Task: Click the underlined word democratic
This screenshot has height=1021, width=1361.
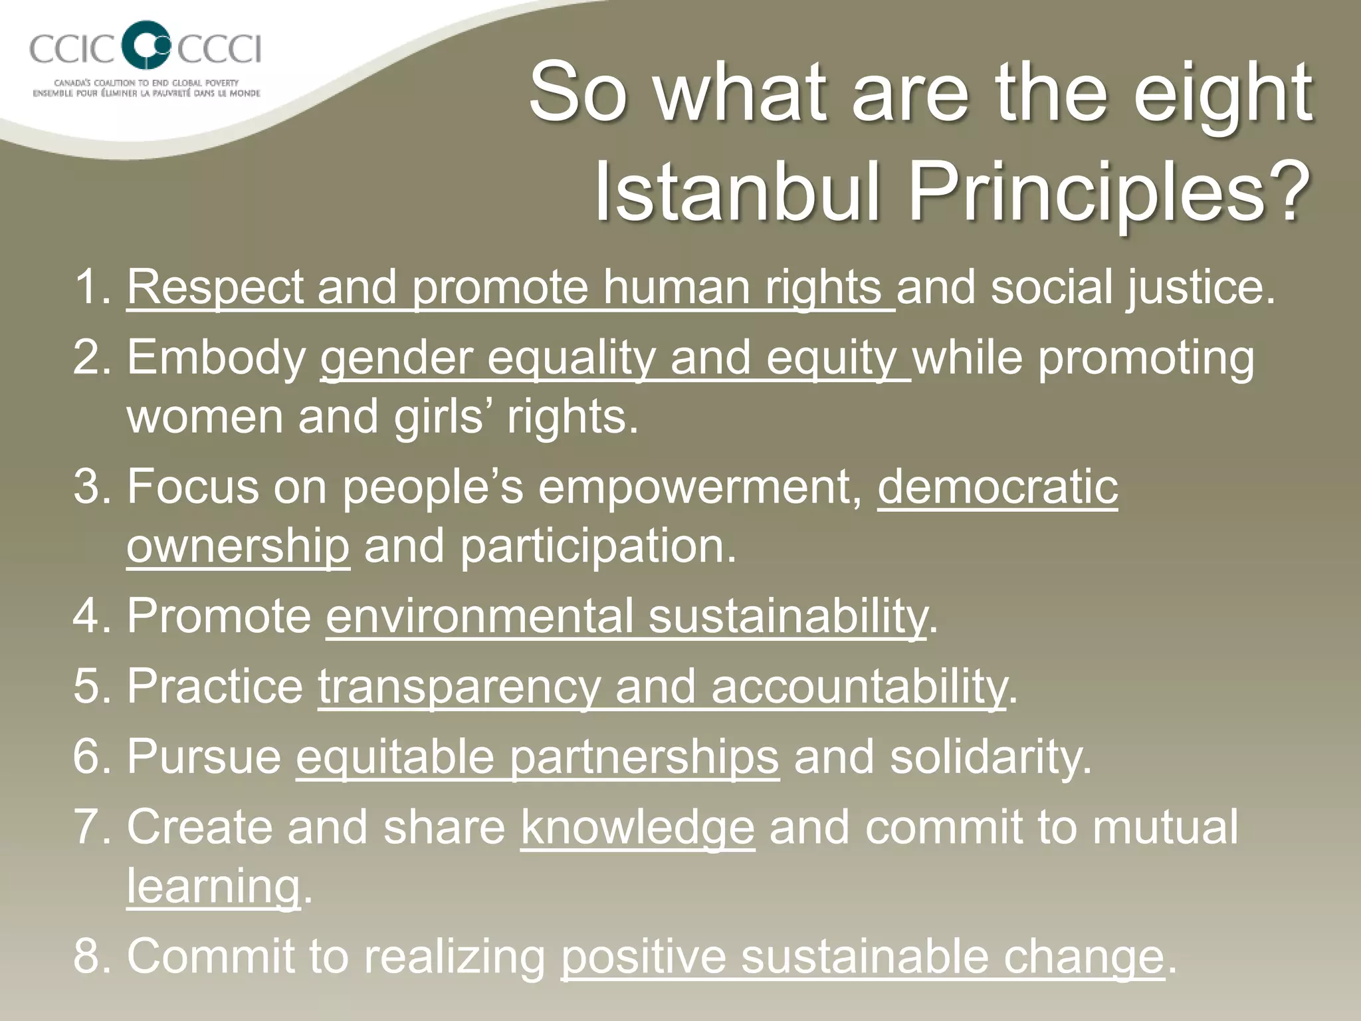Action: (x=997, y=487)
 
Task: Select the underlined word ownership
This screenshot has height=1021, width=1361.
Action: (x=237, y=546)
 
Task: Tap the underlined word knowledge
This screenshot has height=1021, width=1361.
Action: (x=637, y=827)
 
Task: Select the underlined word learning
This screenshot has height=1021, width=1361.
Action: (x=213, y=886)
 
